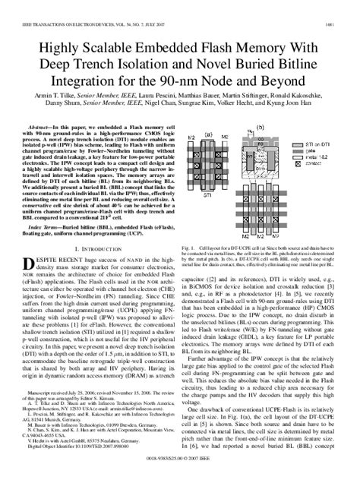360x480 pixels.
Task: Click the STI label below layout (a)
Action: [207, 195]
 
